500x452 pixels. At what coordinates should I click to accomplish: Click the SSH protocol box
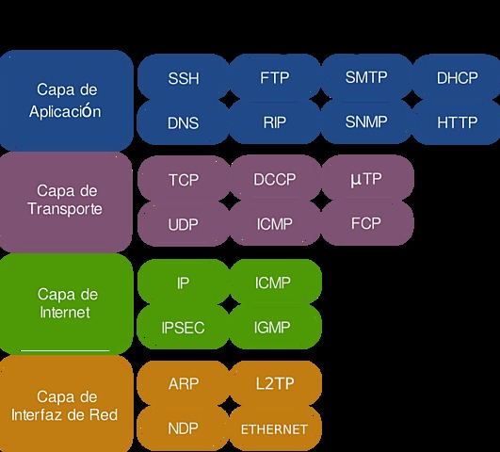pos(184,78)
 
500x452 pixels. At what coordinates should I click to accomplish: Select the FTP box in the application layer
pos(275,78)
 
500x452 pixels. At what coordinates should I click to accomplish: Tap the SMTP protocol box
pos(366,78)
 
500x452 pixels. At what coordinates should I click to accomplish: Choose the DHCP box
pos(458,78)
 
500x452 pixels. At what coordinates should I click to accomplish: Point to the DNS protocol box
pos(184,122)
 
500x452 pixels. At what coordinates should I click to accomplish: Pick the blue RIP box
pos(275,122)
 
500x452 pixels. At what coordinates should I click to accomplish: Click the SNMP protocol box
pos(366,122)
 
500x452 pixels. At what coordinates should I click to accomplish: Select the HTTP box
pos(458,122)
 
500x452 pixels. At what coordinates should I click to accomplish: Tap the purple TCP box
pos(184,179)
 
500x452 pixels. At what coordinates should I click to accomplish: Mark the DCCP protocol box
pos(275,179)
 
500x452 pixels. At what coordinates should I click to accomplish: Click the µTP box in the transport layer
pos(366,179)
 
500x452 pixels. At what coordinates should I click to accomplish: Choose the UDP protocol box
pos(184,225)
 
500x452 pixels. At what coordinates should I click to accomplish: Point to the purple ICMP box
pos(275,225)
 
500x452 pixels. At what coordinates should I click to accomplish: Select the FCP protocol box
pos(366,225)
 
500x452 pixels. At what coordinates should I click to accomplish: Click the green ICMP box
pos(275,282)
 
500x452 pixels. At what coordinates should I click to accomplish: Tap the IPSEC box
pos(184,327)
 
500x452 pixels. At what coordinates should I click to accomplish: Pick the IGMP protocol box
pos(275,327)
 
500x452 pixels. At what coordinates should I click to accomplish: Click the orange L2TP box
pos(275,383)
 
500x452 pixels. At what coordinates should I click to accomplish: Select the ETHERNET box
pos(275,428)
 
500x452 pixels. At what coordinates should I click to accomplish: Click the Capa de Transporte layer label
pos(66,200)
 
